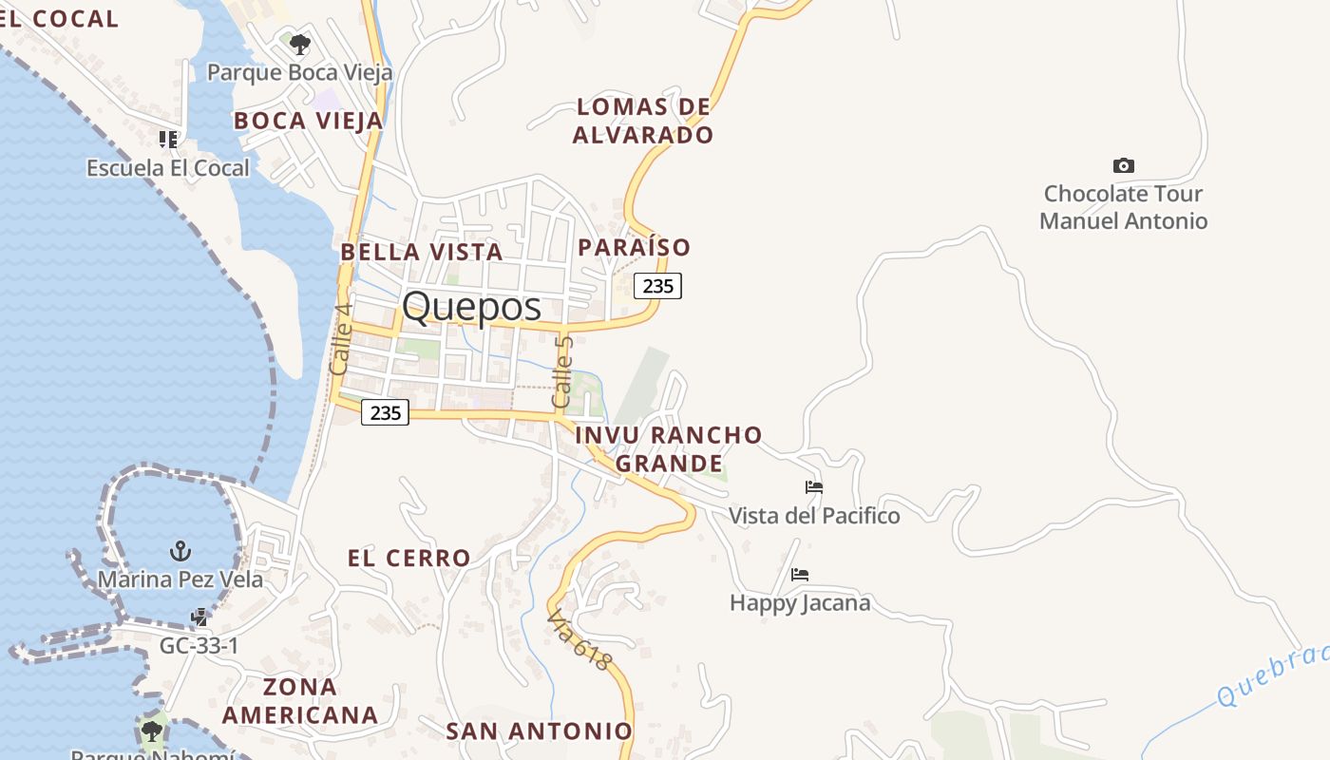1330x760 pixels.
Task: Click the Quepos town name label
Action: pos(471,307)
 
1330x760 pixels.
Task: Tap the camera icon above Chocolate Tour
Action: pos(1123,166)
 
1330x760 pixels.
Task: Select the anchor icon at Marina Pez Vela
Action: pos(180,551)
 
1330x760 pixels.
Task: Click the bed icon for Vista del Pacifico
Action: pos(814,488)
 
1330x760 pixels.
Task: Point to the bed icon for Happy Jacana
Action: pos(800,575)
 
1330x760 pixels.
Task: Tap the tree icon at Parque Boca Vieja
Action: pos(299,44)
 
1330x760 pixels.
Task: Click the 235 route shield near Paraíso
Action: pos(657,285)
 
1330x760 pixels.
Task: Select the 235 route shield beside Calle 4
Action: pos(385,412)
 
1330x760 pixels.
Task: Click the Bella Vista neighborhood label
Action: pos(421,252)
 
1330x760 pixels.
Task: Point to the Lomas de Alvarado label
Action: pos(643,121)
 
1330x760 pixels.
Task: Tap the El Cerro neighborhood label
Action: pos(409,559)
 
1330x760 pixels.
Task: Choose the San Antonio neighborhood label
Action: pos(539,731)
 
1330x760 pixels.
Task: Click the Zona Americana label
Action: pos(300,701)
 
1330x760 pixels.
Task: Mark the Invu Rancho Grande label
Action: pos(669,449)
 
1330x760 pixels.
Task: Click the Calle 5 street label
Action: pos(563,372)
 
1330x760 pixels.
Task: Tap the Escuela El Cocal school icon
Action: pos(168,141)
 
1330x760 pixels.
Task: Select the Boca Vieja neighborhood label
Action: pos(309,121)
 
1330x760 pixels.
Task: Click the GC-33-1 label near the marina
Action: pos(199,646)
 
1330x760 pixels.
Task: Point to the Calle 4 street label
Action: pos(340,338)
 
